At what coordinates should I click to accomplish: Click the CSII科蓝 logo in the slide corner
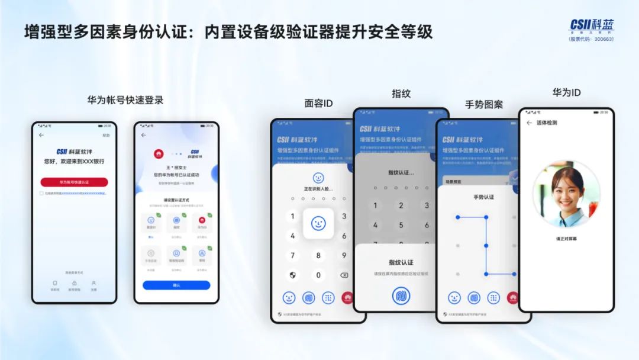pyautogui.click(x=591, y=25)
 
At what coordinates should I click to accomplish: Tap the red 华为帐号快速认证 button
pyautogui.click(x=74, y=182)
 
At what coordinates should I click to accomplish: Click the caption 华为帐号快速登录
pyautogui.click(x=125, y=100)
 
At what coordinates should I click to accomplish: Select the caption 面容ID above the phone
pyautogui.click(x=318, y=104)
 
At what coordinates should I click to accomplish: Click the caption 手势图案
pyautogui.click(x=484, y=104)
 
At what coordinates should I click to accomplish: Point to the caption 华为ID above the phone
pyautogui.click(x=566, y=93)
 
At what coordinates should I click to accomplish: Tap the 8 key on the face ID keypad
pyautogui.click(x=318, y=256)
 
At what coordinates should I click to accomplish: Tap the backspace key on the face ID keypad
pyautogui.click(x=344, y=275)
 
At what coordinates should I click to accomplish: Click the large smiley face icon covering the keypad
pyautogui.click(x=318, y=223)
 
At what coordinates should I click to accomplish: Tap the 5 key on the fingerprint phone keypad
pyautogui.click(x=401, y=225)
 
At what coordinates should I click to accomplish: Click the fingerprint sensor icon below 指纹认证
pyautogui.click(x=401, y=295)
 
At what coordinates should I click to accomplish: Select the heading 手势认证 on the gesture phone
pyautogui.click(x=483, y=197)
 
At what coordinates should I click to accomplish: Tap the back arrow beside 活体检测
pyautogui.click(x=529, y=123)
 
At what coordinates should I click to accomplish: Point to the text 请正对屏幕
pyautogui.click(x=566, y=239)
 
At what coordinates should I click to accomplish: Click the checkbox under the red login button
pyautogui.click(x=41, y=193)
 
